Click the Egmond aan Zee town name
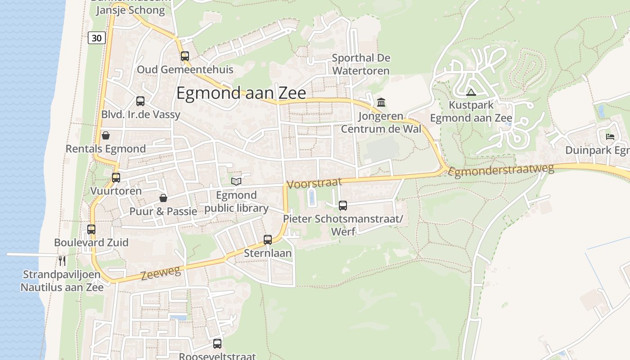241,93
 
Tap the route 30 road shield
97,38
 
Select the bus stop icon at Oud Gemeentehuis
185,56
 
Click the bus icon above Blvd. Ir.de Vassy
140,101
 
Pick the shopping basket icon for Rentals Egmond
106,135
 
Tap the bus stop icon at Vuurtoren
116,178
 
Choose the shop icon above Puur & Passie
163,198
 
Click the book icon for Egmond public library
236,181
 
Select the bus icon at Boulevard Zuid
91,229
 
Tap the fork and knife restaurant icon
62,261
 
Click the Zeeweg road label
161,273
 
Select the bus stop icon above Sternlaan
268,240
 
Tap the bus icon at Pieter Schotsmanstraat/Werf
343,206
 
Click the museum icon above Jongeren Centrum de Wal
381,103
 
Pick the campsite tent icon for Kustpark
471,93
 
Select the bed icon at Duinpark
610,136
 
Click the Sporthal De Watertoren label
361,64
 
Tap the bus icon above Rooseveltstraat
217,344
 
